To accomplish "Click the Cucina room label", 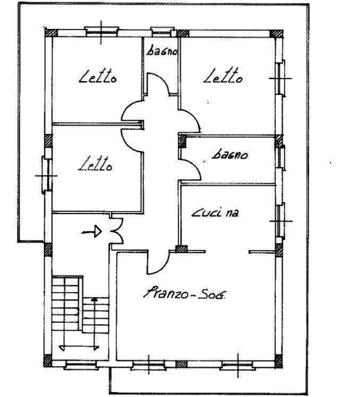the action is click(x=215, y=213).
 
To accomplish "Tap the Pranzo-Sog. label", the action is click(x=185, y=293).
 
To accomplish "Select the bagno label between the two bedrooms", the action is click(x=162, y=51).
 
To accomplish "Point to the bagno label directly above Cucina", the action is click(x=229, y=155).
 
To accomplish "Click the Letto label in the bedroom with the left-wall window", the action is click(x=95, y=164).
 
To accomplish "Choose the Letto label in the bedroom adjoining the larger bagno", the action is click(x=223, y=75).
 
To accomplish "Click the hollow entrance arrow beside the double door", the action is click(x=92, y=231).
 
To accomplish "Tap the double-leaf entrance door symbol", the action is click(x=117, y=231).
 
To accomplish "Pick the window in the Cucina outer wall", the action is click(x=280, y=220).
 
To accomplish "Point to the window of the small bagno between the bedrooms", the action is click(x=163, y=31).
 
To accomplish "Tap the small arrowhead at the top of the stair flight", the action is click(x=94, y=299).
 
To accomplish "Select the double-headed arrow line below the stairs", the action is click(x=79, y=347).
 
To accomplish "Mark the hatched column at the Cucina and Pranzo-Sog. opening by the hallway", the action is click(x=182, y=249).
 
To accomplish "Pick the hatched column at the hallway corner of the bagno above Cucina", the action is click(x=182, y=141).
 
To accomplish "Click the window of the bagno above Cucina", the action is click(x=281, y=158).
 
